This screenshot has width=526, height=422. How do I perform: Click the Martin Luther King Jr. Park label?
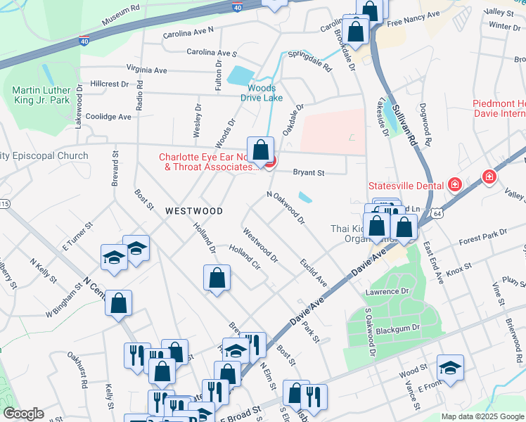coord(41,95)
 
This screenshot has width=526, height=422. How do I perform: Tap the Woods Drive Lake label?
coord(262,93)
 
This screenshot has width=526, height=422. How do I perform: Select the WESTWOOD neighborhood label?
coord(194,211)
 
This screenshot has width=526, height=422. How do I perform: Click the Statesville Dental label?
coord(406,186)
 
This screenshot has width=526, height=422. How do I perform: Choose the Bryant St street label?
coord(308,172)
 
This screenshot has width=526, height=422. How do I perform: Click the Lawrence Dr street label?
coord(386,291)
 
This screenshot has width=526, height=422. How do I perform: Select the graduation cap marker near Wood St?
coord(450,367)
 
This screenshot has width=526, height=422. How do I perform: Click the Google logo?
coord(23,414)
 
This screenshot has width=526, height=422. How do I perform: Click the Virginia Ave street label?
coord(147,70)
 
